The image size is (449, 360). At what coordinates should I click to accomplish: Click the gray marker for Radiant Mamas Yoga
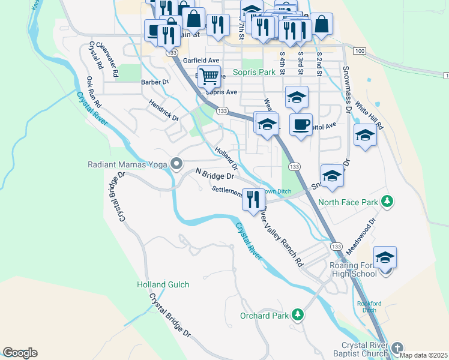click(176, 164)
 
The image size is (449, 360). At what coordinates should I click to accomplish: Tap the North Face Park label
click(348, 202)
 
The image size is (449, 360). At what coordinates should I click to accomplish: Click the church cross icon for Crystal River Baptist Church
click(397, 348)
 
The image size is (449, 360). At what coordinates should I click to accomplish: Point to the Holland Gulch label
click(163, 284)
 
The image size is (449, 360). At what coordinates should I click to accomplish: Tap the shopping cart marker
click(208, 76)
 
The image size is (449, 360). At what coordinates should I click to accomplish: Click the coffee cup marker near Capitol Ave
click(301, 124)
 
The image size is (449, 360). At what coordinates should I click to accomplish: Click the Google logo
click(20, 353)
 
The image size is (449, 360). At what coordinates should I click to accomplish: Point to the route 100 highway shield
click(359, 52)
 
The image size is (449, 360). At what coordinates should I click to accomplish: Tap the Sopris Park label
click(258, 72)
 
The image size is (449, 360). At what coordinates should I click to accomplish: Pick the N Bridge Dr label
click(214, 174)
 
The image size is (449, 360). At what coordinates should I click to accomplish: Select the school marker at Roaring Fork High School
click(385, 257)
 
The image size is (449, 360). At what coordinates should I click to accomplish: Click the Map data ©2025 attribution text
click(423, 355)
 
